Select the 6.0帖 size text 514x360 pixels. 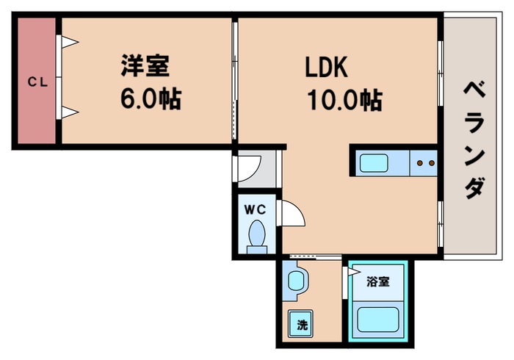click(151, 98)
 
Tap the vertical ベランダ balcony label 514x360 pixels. click(474, 139)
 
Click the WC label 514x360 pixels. click(255, 209)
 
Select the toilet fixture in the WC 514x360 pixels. click(257, 237)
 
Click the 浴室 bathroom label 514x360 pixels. click(378, 281)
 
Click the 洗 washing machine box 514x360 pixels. click(302, 324)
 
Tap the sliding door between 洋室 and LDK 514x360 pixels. click(235, 81)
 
